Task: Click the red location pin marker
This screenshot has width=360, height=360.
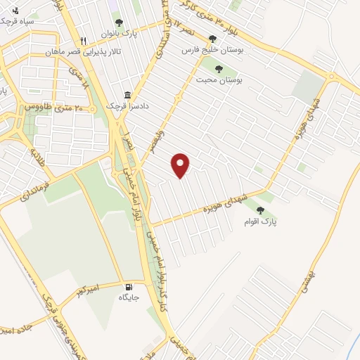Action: coord(181,165)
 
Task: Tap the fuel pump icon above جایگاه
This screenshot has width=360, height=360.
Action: coord(128,286)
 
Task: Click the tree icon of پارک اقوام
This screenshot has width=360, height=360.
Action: coord(260,210)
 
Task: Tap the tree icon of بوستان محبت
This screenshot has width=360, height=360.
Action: coord(218,69)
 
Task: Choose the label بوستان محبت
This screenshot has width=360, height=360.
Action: coord(218,81)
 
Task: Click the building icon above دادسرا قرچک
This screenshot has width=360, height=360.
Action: coord(127,94)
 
